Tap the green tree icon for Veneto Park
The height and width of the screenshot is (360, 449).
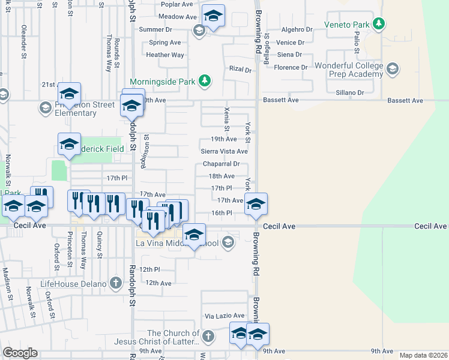coord(378,24)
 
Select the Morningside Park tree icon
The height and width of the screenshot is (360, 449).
coord(205,80)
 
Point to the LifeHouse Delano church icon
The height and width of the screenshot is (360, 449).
coord(116,283)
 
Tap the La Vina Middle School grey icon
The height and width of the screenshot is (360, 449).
coord(228,243)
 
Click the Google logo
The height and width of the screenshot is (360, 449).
coord(20,353)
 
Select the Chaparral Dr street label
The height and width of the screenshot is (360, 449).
coord(221,164)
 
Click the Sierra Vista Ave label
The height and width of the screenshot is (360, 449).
coord(224,152)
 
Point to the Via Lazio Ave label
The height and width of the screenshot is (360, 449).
coord(224,316)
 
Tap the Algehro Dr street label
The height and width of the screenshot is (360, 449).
coord(297,29)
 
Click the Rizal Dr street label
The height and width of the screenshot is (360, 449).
coord(240,70)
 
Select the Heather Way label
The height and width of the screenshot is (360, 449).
coord(165,55)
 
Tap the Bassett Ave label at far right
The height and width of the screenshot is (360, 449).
coord(405,100)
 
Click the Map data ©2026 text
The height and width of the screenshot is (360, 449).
coord(423,355)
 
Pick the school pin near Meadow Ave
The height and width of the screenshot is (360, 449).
coord(213,16)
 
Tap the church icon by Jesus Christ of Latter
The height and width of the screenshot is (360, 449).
coord(208,337)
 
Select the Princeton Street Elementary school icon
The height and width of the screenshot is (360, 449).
coord(45,108)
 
